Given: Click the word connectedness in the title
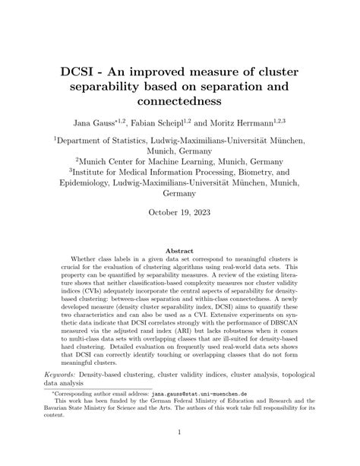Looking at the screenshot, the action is click(x=180, y=98).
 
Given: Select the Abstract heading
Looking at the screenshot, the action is click(x=180, y=250).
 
